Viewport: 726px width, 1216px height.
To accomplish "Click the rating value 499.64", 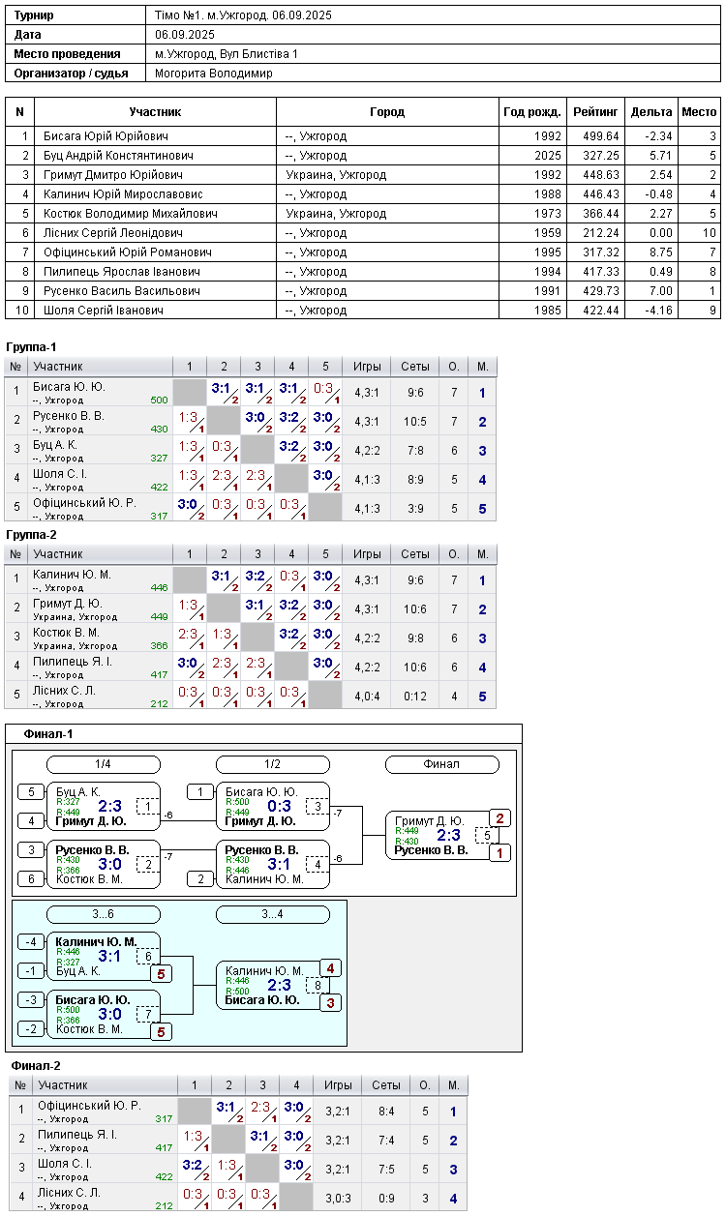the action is click(600, 136).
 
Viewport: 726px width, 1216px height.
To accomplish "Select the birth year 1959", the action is click(547, 233).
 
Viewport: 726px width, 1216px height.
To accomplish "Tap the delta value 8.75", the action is click(661, 252).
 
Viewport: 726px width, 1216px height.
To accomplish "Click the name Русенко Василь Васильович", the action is click(122, 291).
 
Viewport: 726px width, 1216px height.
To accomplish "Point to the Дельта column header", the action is click(651, 112).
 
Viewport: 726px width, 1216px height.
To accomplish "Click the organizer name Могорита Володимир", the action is click(213, 74).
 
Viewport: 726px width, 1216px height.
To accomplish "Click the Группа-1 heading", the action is click(31, 347).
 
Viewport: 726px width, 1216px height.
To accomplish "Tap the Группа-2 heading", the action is click(31, 535).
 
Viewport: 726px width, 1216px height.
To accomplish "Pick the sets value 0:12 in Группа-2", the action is click(415, 697).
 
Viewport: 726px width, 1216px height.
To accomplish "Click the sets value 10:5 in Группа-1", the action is click(415, 422).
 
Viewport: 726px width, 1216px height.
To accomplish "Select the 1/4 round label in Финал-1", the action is click(104, 764).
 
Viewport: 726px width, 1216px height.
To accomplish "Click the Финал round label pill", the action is click(441, 764).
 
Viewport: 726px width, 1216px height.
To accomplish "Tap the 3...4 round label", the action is click(273, 914).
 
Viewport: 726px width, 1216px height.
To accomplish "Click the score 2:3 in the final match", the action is click(448, 835).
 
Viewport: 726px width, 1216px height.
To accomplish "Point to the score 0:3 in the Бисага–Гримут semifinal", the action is click(279, 806).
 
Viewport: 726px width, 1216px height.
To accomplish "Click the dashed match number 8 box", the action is click(318, 986).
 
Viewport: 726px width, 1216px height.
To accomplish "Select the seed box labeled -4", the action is click(31, 942).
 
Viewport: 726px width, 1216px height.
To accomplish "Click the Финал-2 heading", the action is click(36, 1066).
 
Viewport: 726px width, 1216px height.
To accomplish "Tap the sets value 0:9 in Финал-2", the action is click(386, 1198).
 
